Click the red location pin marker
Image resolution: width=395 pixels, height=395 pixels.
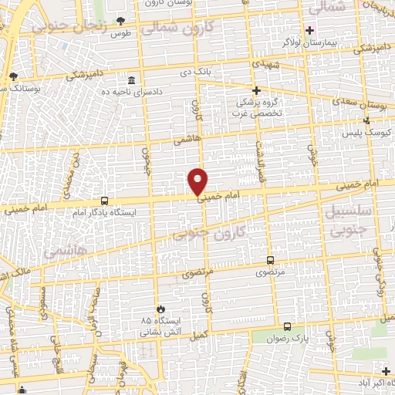(198, 181)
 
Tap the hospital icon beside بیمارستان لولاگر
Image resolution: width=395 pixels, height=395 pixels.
(309, 31)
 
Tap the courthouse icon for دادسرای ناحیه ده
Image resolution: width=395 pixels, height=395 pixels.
(131, 80)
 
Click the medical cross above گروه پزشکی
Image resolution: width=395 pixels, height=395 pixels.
(256, 89)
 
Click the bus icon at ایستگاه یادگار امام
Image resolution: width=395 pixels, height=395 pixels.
(104, 200)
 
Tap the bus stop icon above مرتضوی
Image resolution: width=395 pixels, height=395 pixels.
(270, 260)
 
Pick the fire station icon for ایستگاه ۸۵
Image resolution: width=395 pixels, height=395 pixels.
(160, 308)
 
